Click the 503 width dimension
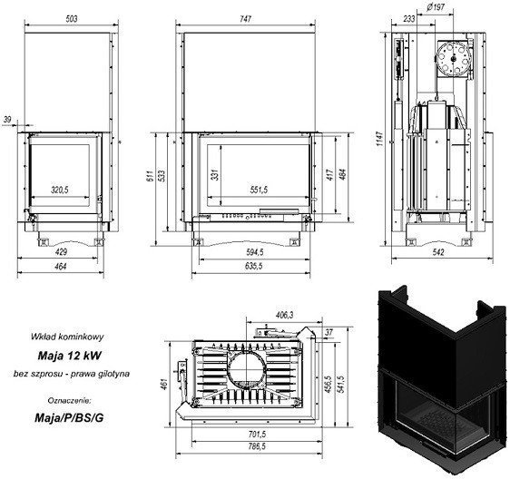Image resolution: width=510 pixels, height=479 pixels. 72,19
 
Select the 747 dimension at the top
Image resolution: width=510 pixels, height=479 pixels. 246,19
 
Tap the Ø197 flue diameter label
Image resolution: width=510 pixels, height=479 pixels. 436,7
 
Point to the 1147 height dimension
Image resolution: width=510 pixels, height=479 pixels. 380,139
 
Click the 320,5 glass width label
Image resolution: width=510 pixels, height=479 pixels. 60,190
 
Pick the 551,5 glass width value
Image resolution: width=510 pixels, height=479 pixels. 259,190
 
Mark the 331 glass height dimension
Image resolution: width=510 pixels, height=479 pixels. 215,174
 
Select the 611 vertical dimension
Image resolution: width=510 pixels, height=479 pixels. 150,176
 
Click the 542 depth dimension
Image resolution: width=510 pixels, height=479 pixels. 439,252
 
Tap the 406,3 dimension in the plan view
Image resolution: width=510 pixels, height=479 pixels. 285,315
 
